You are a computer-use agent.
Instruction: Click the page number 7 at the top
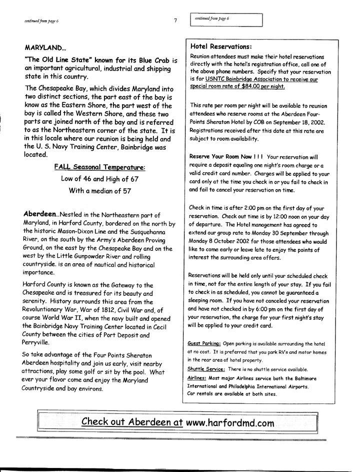(176, 21)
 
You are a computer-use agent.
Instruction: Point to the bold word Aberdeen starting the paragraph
(40, 213)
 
